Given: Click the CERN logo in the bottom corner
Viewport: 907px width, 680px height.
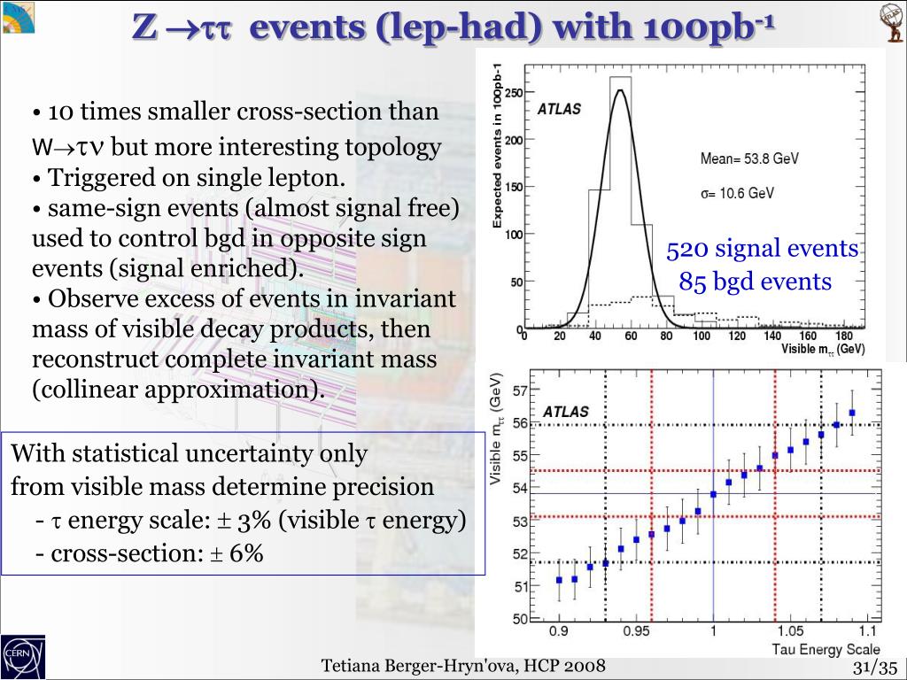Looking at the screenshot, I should click(x=22, y=656).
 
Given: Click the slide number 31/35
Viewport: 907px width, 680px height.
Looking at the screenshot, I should click(x=875, y=667).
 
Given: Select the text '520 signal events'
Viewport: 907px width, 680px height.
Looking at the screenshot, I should click(x=763, y=249).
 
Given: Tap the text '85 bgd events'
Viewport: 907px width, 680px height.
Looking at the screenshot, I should click(x=756, y=282).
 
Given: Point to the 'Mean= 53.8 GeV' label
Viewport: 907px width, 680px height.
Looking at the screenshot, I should click(x=749, y=159).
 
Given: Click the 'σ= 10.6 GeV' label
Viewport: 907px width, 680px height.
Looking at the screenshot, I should click(x=737, y=194).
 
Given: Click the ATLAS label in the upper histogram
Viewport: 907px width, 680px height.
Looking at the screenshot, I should click(x=559, y=110).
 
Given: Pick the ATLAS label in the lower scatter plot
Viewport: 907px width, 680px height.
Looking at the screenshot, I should click(x=565, y=412).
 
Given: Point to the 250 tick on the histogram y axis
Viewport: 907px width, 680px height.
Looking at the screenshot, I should click(x=513, y=93).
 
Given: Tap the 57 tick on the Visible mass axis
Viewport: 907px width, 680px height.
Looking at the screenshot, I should click(x=520, y=390).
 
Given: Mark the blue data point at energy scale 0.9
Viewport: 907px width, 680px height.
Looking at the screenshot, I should click(x=559, y=580).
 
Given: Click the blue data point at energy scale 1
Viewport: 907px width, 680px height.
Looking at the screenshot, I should click(x=713, y=494).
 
